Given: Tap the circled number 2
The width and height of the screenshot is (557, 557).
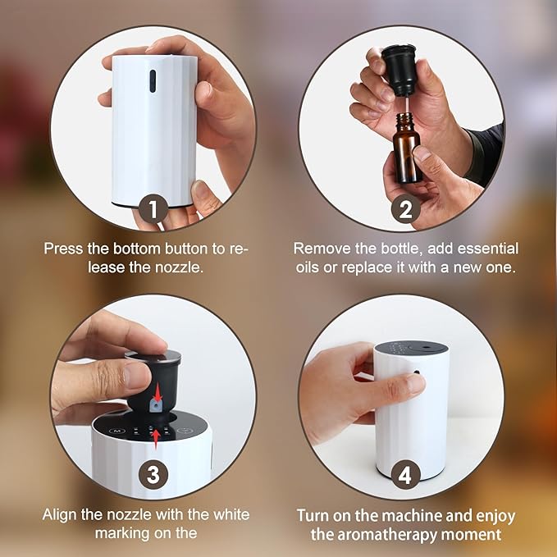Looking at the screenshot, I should [404, 208].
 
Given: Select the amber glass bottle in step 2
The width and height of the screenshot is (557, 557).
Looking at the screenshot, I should [408, 148].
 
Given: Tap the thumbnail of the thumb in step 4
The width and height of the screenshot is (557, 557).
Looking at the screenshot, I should [413, 383].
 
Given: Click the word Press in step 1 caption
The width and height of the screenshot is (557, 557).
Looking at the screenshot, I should [62, 248].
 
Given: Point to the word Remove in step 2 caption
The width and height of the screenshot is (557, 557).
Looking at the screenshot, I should [319, 248].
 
